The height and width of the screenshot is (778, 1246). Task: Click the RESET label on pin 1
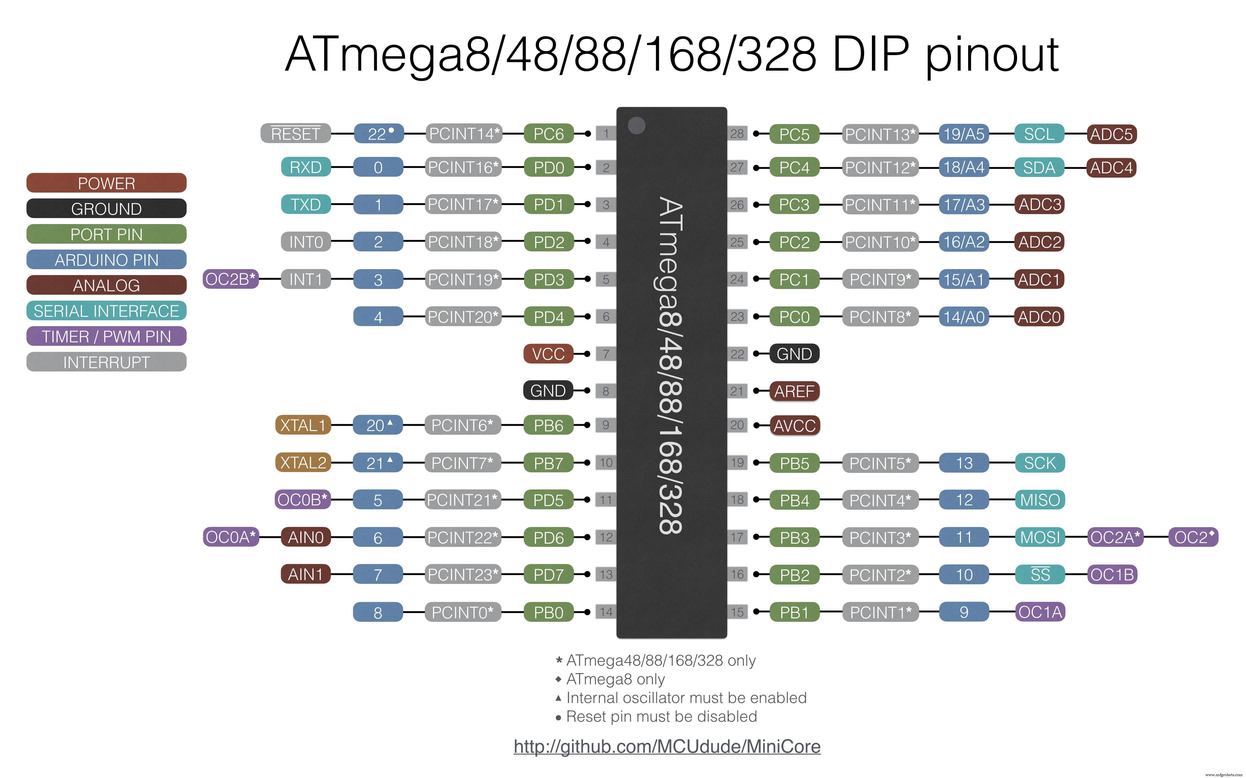296,134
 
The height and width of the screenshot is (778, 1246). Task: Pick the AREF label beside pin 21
794,391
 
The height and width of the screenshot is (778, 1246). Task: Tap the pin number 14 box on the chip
606,612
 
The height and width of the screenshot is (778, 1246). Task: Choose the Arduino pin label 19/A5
964,134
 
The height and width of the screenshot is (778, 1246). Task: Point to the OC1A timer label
1039,612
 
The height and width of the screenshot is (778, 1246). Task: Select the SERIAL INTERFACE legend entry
106,311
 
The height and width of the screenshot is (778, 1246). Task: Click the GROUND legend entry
106,209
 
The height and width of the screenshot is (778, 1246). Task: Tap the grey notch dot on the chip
637,125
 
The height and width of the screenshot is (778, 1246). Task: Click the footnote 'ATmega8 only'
615,679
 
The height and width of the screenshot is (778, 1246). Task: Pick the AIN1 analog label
305,574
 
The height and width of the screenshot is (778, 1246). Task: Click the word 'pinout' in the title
992,56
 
